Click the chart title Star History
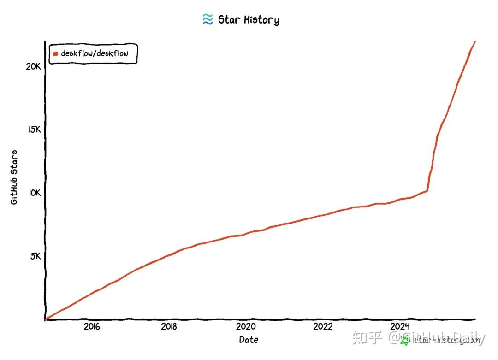pyautogui.click(x=248, y=20)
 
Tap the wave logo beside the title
pyautogui.click(x=207, y=19)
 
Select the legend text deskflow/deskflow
pyautogui.click(x=95, y=53)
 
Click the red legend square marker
pyautogui.click(x=56, y=53)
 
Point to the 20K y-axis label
pyautogui.click(x=34, y=66)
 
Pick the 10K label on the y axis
pyautogui.click(x=34, y=193)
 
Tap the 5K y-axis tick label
pyautogui.click(x=36, y=256)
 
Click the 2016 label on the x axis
pyautogui.click(x=91, y=327)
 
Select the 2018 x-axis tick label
pyautogui.click(x=169, y=327)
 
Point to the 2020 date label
pyautogui.click(x=245, y=327)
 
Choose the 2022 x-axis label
pyautogui.click(x=323, y=327)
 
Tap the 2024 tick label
pyautogui.click(x=400, y=327)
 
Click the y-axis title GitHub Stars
pyautogui.click(x=14, y=177)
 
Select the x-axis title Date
pyautogui.click(x=249, y=340)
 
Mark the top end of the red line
pyautogui.click(x=475, y=41)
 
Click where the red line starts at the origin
pyautogui.click(x=45, y=319)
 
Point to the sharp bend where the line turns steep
pyautogui.click(x=427, y=190)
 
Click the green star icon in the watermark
pyautogui.click(x=405, y=341)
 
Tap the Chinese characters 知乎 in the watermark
pyautogui.click(x=367, y=339)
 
